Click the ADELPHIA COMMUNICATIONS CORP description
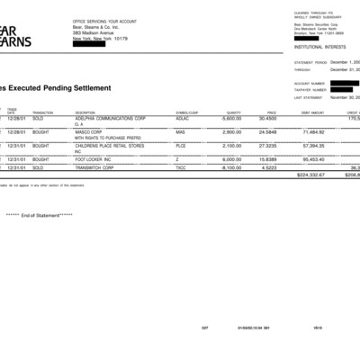tap(111, 118)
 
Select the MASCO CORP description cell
tap(90, 131)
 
